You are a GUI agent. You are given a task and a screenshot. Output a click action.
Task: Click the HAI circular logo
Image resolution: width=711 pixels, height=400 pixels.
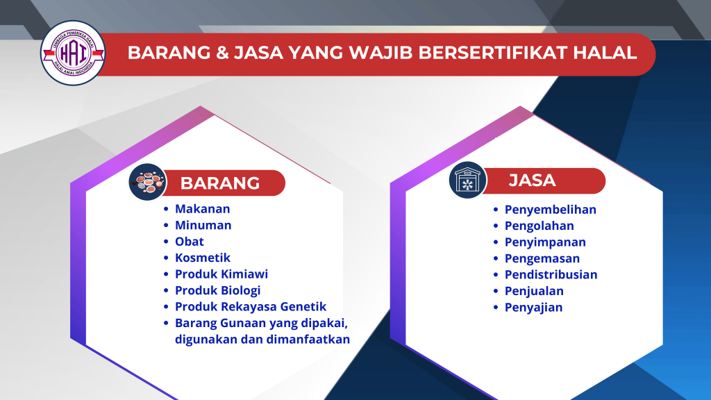73,53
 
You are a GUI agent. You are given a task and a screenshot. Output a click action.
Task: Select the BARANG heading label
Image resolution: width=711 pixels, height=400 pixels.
220,183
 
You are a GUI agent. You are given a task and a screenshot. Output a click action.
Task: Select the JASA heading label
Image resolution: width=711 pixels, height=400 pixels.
532,181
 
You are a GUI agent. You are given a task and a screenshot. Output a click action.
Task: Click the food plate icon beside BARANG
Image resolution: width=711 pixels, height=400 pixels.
148,183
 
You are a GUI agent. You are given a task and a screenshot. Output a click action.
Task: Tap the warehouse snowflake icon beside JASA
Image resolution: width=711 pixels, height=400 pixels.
467,181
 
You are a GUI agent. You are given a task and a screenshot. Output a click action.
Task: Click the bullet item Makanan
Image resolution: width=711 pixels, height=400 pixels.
202,208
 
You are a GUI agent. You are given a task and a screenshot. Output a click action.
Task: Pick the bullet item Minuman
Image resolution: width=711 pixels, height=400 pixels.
203,225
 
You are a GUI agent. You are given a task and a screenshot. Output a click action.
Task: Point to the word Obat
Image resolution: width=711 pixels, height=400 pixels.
189,242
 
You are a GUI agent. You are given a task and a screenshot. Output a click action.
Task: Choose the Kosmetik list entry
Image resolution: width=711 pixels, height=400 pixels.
203,258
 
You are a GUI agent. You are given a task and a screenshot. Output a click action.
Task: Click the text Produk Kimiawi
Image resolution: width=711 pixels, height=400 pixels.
221,274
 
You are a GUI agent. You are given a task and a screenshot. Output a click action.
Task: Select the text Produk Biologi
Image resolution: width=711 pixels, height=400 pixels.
217,290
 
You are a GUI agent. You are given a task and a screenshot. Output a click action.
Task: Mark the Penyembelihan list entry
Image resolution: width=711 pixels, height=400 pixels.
550,210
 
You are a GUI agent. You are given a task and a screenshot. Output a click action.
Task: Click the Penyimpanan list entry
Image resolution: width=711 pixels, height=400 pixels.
545,242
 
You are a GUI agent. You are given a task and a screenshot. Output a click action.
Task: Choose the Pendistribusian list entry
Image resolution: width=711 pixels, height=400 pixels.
551,274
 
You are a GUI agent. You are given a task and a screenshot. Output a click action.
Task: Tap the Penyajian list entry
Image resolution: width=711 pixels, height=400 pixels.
533,307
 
